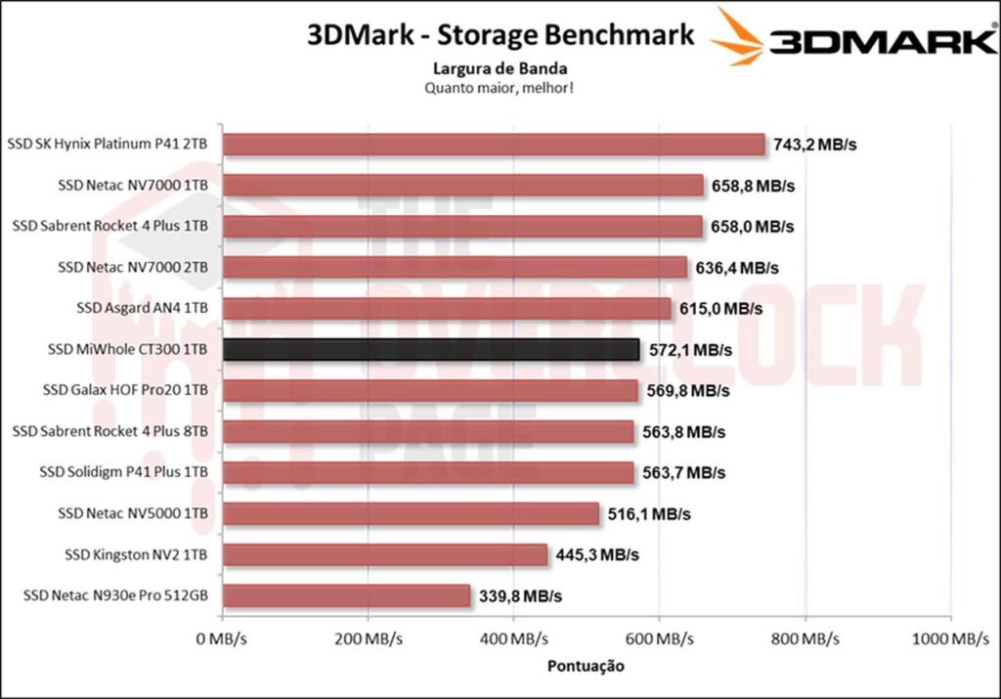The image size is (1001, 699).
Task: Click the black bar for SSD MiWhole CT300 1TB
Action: [x=431, y=350]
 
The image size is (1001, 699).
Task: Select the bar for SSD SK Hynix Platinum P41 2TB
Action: [x=494, y=145]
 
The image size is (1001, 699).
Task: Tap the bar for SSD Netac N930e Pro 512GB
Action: [x=347, y=595]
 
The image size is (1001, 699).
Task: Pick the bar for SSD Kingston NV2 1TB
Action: [x=385, y=554]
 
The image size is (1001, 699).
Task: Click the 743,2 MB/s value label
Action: [x=814, y=145]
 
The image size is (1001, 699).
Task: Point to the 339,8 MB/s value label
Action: [x=520, y=595]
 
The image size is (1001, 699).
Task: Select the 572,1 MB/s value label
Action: [x=689, y=350]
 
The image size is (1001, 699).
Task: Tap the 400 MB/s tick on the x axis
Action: [x=513, y=639]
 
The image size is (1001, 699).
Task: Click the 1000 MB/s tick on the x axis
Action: [x=950, y=639]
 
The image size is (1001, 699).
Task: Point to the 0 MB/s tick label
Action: [x=223, y=639]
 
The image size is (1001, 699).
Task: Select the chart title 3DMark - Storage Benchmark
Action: [x=500, y=35]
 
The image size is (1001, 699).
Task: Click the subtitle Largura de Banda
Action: [x=500, y=68]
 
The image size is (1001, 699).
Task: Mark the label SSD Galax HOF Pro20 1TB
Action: [x=125, y=391]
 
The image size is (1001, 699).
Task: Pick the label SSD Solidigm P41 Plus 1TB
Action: [x=123, y=472]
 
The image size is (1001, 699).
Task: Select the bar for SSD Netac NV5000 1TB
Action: [x=411, y=513]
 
